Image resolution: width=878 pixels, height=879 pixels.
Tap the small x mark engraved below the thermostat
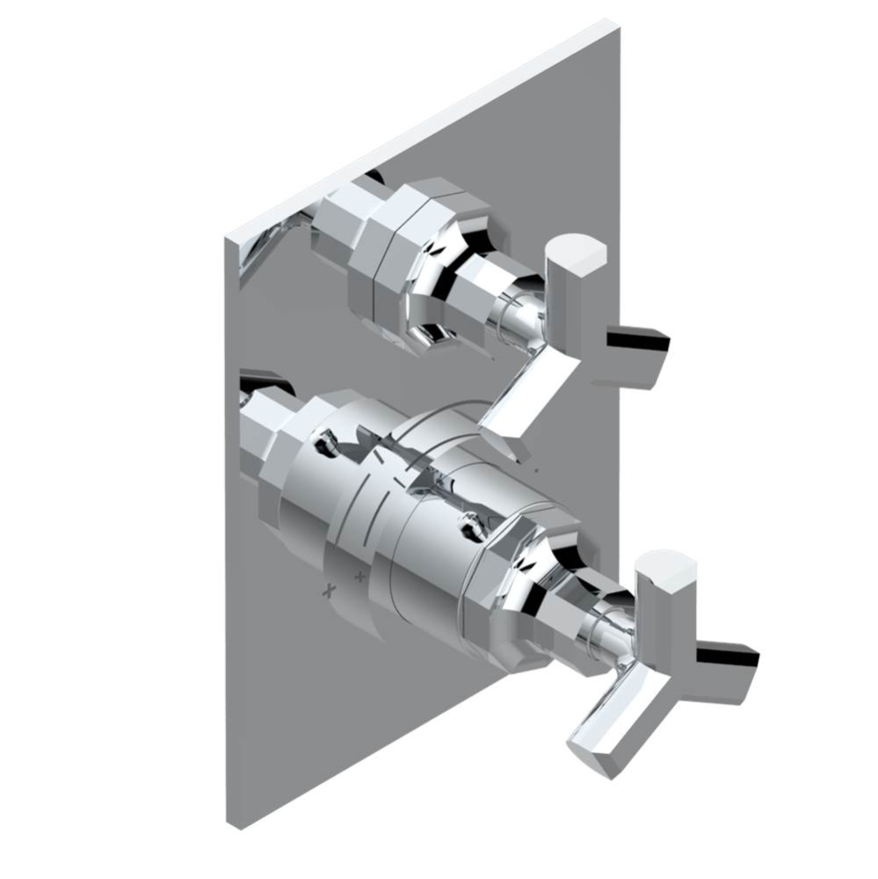[x=330, y=590]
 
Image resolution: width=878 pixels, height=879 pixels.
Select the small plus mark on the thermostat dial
[x=359, y=578]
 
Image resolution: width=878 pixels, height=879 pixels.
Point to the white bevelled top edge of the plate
[x=422, y=127]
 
